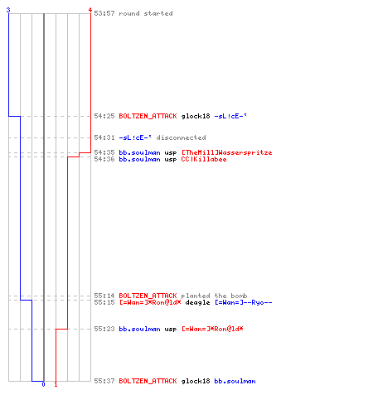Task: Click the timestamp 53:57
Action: pyautogui.click(x=104, y=13)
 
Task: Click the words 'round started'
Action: pyautogui.click(x=146, y=13)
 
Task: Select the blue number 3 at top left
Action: pyautogui.click(x=8, y=10)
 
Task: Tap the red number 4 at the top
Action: pyautogui.click(x=90, y=10)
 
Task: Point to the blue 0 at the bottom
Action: pyautogui.click(x=43, y=384)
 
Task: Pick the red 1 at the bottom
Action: pyautogui.click(x=56, y=384)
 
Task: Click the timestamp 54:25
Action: pyautogui.click(x=104, y=116)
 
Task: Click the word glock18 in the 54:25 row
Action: pyautogui.click(x=196, y=116)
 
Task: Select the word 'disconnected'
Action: pyautogui.click(x=182, y=137)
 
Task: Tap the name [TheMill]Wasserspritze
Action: pyautogui.click(x=226, y=152)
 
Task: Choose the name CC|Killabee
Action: pyautogui.click(x=204, y=159)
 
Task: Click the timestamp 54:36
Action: pyautogui.click(x=104, y=159)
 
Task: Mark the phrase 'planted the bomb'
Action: pyautogui.click(x=214, y=296)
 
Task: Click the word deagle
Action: pyautogui.click(x=197, y=303)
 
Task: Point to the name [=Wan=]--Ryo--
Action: pyautogui.click(x=244, y=302)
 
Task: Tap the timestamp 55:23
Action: pyautogui.click(x=104, y=329)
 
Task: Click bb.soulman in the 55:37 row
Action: pyautogui.click(x=235, y=381)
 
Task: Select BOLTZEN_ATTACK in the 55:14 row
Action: pyautogui.click(x=148, y=296)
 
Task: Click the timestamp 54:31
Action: pyautogui.click(x=104, y=137)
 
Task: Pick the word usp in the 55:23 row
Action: pyautogui.click(x=171, y=330)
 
